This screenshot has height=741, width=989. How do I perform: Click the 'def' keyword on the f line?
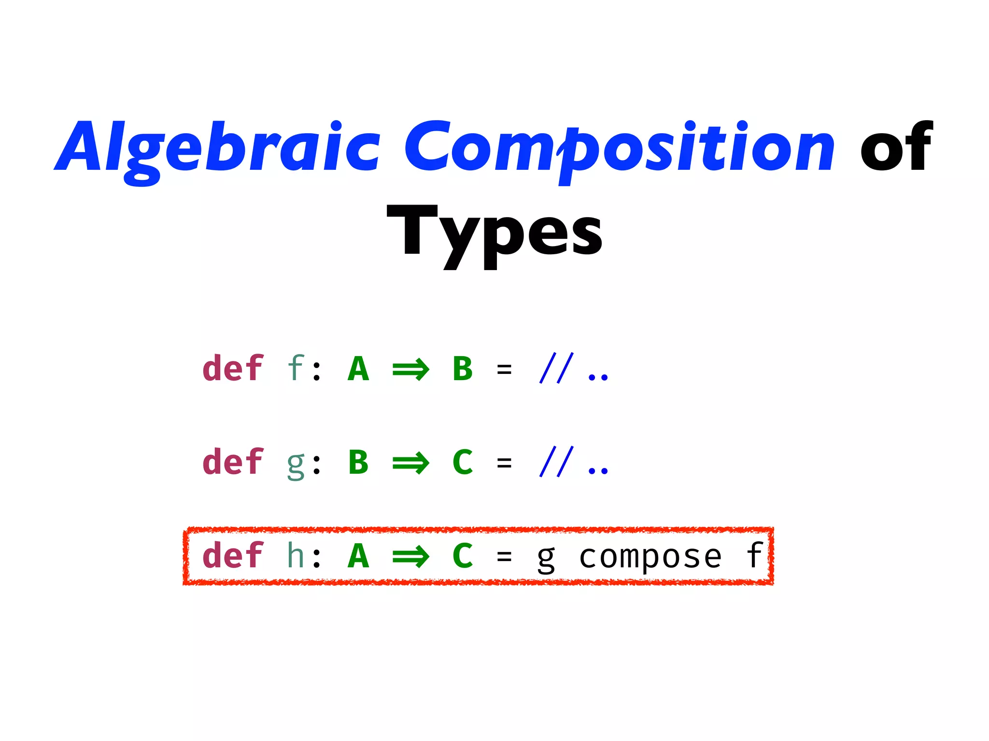233,369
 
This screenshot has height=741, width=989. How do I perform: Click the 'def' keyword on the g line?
233,462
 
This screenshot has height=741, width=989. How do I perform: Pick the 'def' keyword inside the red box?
233,556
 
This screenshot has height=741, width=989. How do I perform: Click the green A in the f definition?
358,369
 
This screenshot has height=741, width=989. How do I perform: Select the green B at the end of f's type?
463,369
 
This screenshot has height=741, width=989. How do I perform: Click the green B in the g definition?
358,463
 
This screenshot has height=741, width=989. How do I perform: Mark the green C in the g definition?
463,463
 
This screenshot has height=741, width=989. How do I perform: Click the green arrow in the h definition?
410,557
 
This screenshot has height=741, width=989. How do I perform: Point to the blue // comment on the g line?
557,462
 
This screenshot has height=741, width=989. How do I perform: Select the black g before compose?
546,559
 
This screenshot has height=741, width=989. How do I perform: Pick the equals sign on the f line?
504,370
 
